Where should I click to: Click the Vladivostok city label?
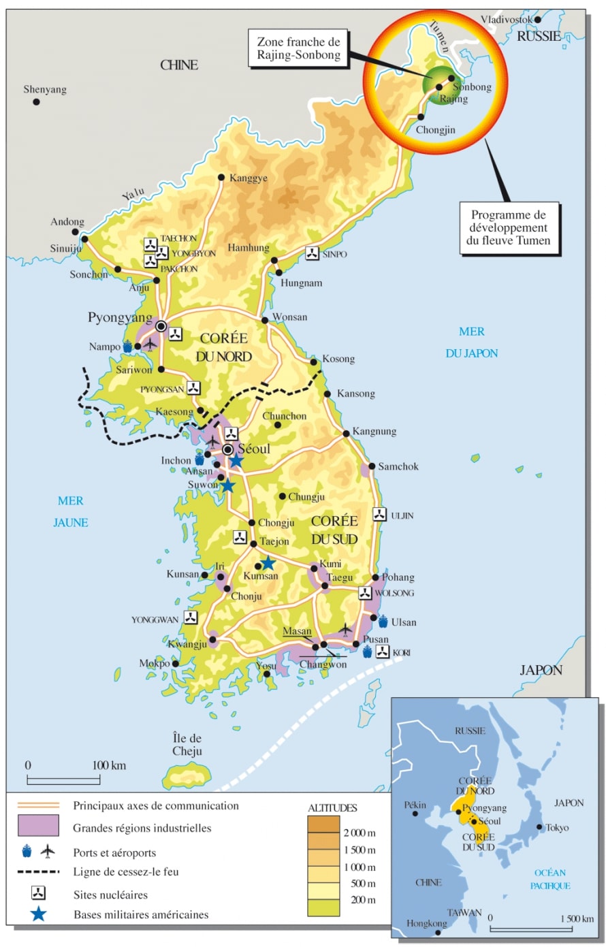(x=507, y=20)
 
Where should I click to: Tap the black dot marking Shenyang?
(x=36, y=102)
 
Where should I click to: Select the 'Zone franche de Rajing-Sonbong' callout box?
(x=298, y=48)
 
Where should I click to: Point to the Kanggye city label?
(x=249, y=178)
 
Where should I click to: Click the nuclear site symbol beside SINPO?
(x=312, y=253)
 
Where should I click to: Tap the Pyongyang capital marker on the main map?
(x=161, y=327)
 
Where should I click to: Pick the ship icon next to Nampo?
(x=127, y=347)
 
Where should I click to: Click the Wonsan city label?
(x=290, y=317)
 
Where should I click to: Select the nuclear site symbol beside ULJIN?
(x=380, y=515)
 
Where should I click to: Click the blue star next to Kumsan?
(x=268, y=563)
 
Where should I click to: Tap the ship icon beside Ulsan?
(x=383, y=621)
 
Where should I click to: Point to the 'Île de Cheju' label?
(x=187, y=745)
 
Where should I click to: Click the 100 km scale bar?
(x=63, y=780)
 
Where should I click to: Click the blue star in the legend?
(x=38, y=914)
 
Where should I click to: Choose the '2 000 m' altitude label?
(x=360, y=833)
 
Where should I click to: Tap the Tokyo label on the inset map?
(x=557, y=828)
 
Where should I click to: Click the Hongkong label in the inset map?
(x=427, y=924)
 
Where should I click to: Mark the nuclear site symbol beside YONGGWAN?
(x=191, y=618)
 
